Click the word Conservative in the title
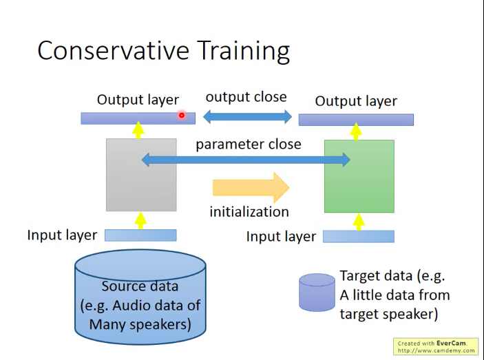[113, 50]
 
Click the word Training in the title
[244, 52]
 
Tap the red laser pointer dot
[182, 115]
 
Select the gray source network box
[141, 175]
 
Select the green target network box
[359, 176]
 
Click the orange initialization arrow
[251, 187]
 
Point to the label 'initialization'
[249, 212]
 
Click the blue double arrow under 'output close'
[247, 116]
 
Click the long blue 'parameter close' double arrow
[246, 160]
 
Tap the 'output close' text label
[246, 97]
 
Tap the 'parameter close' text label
[249, 145]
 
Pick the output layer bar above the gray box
[138, 118]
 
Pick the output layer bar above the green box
[356, 120]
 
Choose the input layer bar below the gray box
[140, 235]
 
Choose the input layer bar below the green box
[359, 237]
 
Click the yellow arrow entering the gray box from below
[140, 220]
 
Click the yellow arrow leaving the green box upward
[356, 131]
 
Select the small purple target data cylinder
[317, 293]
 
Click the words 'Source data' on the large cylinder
[140, 286]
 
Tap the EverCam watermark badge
[436, 347]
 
